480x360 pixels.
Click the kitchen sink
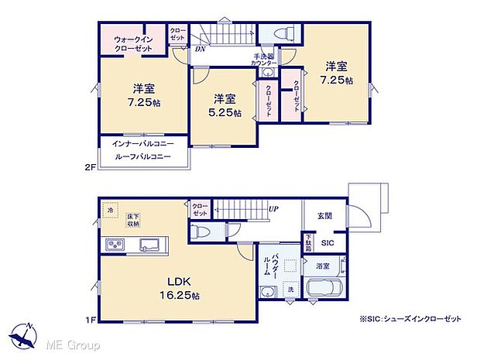(149, 245)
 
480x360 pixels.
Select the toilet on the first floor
(201, 231)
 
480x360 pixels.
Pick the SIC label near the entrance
(327, 242)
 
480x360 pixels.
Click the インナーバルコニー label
(143, 145)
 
